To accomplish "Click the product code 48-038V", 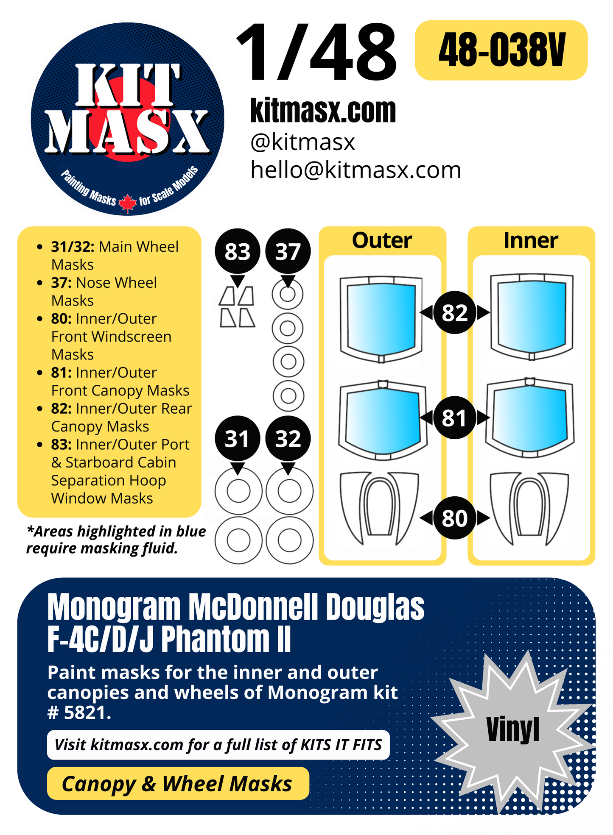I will pyautogui.click(x=501, y=50).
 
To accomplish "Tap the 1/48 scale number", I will pyautogui.click(x=316, y=53).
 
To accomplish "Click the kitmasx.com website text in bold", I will pyautogui.click(x=323, y=111).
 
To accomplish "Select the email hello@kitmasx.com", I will pyautogui.click(x=355, y=170).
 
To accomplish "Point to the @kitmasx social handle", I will pyautogui.click(x=302, y=142).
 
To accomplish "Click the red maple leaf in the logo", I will pyautogui.click(x=127, y=203).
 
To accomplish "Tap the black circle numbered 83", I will pyautogui.click(x=237, y=252).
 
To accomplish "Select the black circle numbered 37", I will pyautogui.click(x=288, y=252).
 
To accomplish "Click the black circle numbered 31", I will pyautogui.click(x=237, y=439).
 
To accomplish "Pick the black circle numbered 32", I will pyautogui.click(x=288, y=439).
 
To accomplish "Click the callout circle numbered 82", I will pyautogui.click(x=454, y=313).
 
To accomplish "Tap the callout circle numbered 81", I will pyautogui.click(x=454, y=418).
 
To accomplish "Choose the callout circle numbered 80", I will pyautogui.click(x=454, y=518).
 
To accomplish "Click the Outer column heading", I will pyautogui.click(x=382, y=241).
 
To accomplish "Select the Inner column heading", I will pyautogui.click(x=530, y=241).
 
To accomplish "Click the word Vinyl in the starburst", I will pyautogui.click(x=512, y=730).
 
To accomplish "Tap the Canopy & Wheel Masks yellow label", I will pyautogui.click(x=177, y=783).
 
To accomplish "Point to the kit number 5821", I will pyautogui.click(x=87, y=713).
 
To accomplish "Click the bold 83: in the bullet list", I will pyautogui.click(x=62, y=445).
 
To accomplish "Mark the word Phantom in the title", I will pyautogui.click(x=215, y=639).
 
